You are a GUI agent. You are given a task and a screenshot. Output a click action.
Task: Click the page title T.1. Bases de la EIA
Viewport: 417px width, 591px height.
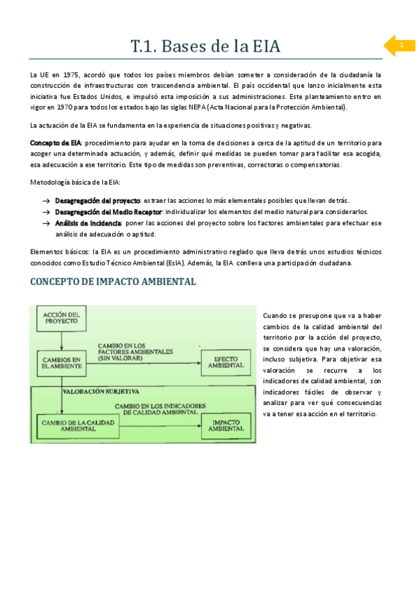[205, 47]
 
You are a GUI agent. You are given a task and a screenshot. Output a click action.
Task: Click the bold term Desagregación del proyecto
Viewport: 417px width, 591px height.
[97, 201]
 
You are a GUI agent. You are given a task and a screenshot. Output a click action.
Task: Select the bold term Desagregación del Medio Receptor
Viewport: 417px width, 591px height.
[108, 212]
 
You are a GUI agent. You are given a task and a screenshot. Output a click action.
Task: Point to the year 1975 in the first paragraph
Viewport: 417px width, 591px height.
[71, 75]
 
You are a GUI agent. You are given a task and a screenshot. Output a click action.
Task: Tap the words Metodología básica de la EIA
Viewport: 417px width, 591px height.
[74, 183]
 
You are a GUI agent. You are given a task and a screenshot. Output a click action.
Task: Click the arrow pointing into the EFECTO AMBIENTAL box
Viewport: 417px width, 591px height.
[195, 361]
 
